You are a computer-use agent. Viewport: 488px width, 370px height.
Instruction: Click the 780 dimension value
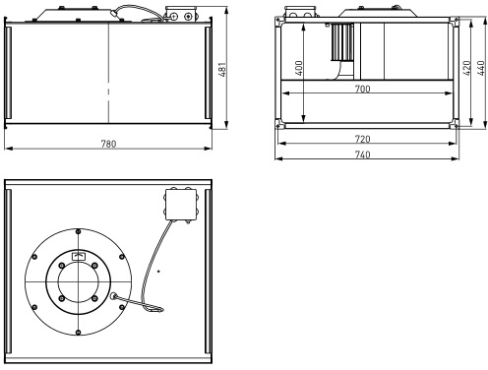[x=108, y=144]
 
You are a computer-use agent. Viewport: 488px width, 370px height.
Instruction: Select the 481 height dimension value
[x=222, y=70]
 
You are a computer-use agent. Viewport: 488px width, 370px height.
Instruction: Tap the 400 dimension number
[x=299, y=68]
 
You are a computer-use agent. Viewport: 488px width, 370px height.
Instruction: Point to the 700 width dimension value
[x=363, y=89]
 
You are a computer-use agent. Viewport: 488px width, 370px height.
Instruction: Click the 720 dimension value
[x=363, y=139]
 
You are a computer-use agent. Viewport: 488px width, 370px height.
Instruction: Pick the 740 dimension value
[x=363, y=154]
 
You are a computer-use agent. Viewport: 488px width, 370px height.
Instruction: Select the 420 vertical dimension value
[x=466, y=68]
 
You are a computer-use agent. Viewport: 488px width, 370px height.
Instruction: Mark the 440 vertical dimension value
[x=481, y=68]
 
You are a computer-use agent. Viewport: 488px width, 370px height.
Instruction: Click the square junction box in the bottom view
[x=181, y=205]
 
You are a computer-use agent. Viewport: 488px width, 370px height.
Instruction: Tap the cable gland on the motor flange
[x=113, y=296]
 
